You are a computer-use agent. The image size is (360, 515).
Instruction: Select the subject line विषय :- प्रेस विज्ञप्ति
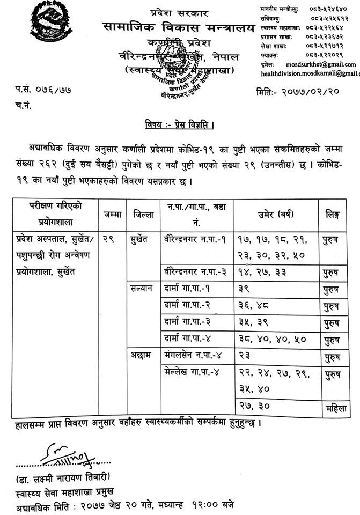(x=180, y=127)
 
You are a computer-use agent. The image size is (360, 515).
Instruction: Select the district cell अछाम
(x=141, y=354)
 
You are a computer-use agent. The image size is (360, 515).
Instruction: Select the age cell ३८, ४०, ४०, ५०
(x=266, y=339)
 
